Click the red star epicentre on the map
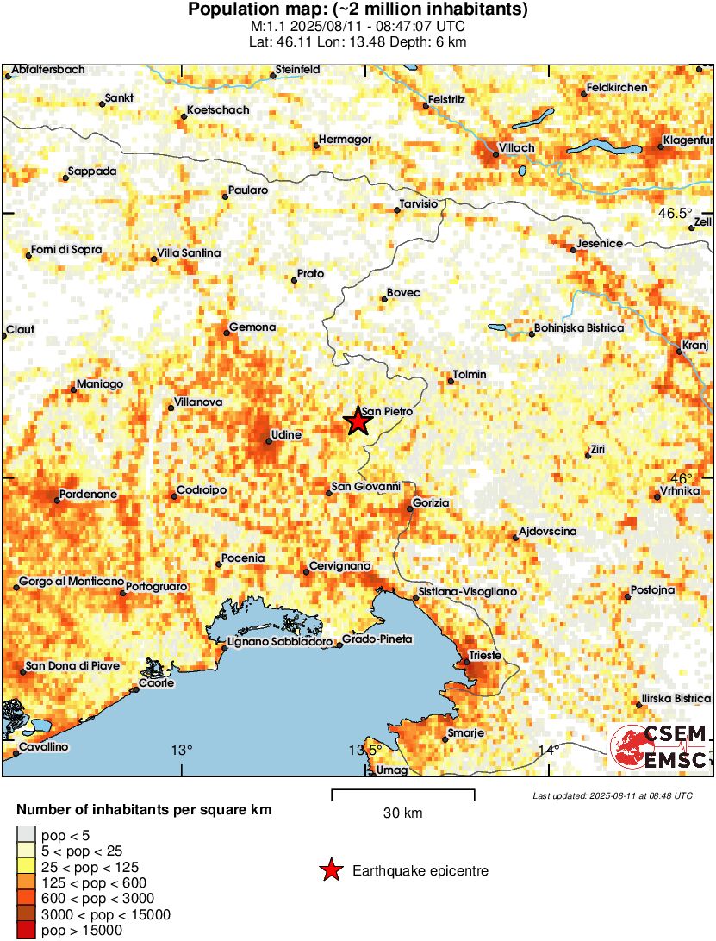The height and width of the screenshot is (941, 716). [357, 421]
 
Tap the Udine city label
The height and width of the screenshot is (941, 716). [286, 435]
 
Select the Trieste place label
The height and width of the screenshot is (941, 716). [484, 656]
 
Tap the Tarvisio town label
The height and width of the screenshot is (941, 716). [420, 203]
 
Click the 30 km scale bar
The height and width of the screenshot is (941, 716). [403, 790]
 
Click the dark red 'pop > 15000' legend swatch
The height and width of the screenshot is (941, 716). [28, 930]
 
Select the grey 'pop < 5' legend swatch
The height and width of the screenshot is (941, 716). [28, 834]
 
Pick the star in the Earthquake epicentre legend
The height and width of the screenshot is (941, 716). [330, 871]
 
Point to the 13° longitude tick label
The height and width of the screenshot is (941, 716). [181, 749]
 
